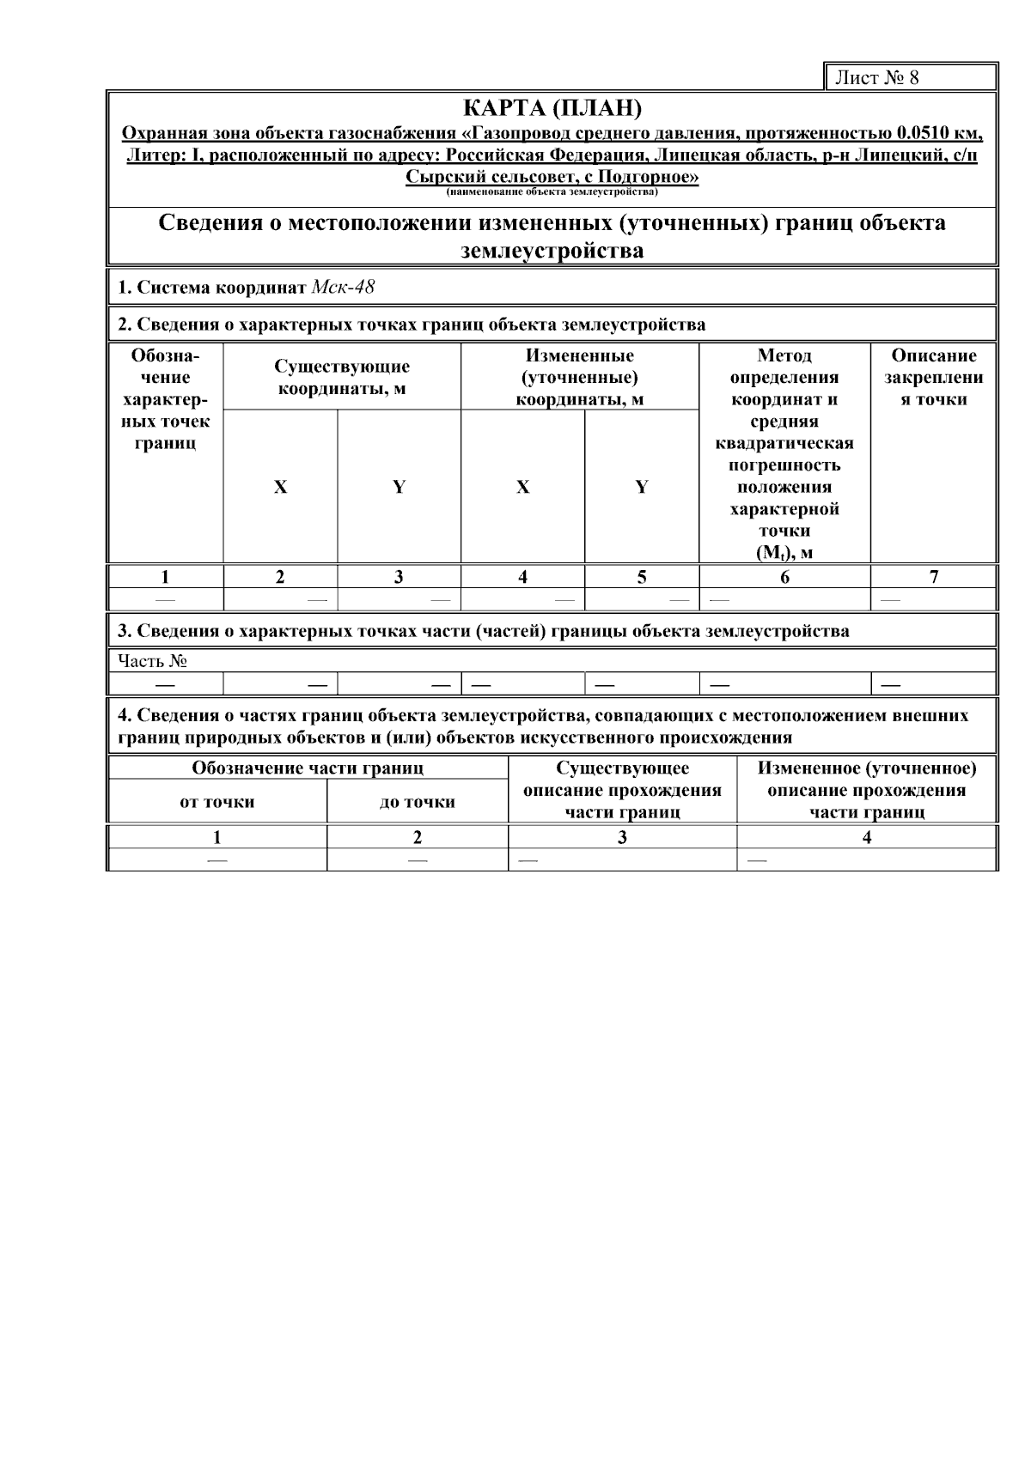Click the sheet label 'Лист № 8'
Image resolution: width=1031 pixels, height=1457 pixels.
tap(877, 78)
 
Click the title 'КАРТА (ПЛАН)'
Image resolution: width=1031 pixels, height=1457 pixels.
tap(552, 109)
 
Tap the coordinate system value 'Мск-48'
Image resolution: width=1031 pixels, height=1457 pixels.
tap(343, 287)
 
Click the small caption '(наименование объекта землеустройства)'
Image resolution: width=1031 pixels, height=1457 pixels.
tap(552, 192)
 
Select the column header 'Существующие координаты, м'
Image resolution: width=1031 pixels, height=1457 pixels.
tap(342, 377)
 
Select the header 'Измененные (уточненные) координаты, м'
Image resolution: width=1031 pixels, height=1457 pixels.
tap(579, 377)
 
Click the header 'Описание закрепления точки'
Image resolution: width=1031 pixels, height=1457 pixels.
tap(933, 377)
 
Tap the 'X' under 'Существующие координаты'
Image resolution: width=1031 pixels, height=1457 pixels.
tap(280, 487)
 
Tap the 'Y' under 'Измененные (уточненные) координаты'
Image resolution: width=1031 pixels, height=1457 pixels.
tap(641, 487)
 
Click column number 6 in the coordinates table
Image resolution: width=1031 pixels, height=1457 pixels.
tap(784, 577)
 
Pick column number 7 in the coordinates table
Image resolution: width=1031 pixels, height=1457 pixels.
tap(934, 577)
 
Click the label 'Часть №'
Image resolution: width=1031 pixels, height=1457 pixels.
tap(152, 661)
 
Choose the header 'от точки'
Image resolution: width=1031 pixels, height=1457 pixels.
tap(217, 802)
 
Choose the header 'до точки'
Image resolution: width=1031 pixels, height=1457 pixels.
tap(417, 802)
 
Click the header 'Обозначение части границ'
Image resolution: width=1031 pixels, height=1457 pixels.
tap(308, 768)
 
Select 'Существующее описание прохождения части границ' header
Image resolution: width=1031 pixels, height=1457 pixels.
tap(622, 790)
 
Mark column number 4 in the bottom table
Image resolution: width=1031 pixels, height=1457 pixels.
tap(867, 837)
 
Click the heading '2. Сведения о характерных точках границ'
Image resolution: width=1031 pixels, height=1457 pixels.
tap(412, 325)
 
